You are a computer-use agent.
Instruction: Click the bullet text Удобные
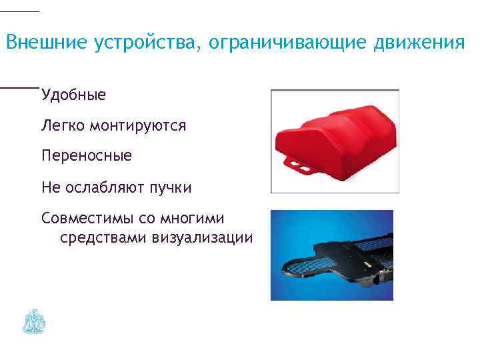(73, 95)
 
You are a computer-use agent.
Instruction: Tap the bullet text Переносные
(87, 156)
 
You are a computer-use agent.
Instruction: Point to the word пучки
(170, 188)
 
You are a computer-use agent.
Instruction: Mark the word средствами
(103, 237)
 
